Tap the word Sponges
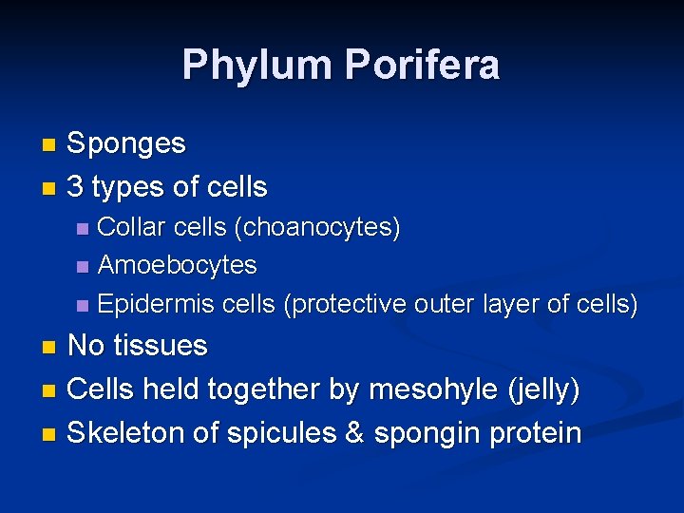126,144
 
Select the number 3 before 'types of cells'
76,187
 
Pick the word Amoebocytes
178,264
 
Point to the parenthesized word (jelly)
545,389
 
